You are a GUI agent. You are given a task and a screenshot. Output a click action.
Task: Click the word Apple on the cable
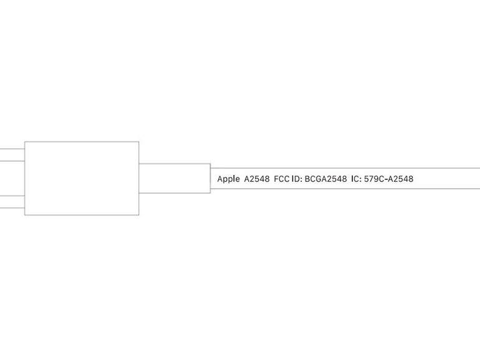[x=228, y=179]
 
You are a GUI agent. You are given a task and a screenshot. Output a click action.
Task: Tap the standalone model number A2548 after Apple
[x=257, y=179]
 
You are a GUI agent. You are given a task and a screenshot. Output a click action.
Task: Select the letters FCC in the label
[x=281, y=179]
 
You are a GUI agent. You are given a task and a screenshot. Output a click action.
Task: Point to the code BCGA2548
[x=325, y=179]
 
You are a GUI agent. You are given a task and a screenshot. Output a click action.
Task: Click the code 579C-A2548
[x=388, y=179]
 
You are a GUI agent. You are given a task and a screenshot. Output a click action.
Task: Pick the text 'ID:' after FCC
[x=297, y=179]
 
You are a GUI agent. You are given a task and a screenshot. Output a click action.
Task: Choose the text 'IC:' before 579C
[x=357, y=179]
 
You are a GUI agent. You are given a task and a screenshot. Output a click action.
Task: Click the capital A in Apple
[x=220, y=179]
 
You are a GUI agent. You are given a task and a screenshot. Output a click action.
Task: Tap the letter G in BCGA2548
[x=319, y=179]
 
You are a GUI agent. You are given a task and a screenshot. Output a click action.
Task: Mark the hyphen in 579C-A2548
[x=386, y=179]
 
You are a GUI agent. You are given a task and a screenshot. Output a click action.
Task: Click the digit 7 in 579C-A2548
[x=372, y=179]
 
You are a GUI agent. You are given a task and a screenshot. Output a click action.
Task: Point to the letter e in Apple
[x=238, y=180]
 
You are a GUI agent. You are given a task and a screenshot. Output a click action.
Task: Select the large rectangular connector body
[x=82, y=178]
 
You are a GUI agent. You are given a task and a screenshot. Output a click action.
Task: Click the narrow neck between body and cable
[x=175, y=178]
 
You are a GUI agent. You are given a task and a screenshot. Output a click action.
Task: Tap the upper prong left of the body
[x=12, y=154]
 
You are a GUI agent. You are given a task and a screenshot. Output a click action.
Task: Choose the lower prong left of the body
[x=12, y=202]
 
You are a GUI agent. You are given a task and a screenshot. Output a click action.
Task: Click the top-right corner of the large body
[x=139, y=141]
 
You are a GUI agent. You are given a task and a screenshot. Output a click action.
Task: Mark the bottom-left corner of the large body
[x=25, y=215]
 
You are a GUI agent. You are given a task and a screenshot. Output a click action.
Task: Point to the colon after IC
[x=360, y=180]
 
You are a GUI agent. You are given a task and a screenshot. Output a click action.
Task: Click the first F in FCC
[x=276, y=179]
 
